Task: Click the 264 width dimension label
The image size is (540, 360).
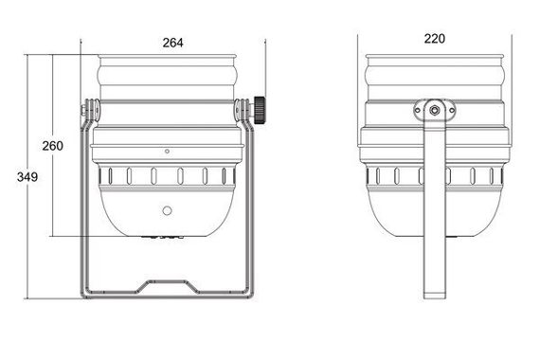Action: [x=172, y=43]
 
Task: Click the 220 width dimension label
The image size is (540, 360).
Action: [x=434, y=40]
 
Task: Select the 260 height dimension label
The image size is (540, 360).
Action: [x=53, y=146]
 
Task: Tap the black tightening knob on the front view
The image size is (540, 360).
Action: [x=260, y=110]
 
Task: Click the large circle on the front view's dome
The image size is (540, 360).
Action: [x=167, y=210]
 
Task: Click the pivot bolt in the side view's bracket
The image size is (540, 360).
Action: [x=434, y=111]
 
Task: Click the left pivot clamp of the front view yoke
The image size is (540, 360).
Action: [x=90, y=112]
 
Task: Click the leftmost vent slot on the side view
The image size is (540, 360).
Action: [x=377, y=176]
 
